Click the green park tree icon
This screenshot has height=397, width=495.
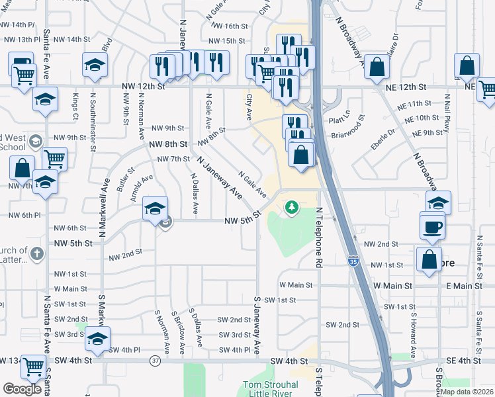click(x=291, y=208)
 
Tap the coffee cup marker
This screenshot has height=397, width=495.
click(x=433, y=226)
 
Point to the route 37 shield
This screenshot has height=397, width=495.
click(x=155, y=361)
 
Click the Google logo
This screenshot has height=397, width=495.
click(x=21, y=388)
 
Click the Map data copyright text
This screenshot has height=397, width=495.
click(x=467, y=391)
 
